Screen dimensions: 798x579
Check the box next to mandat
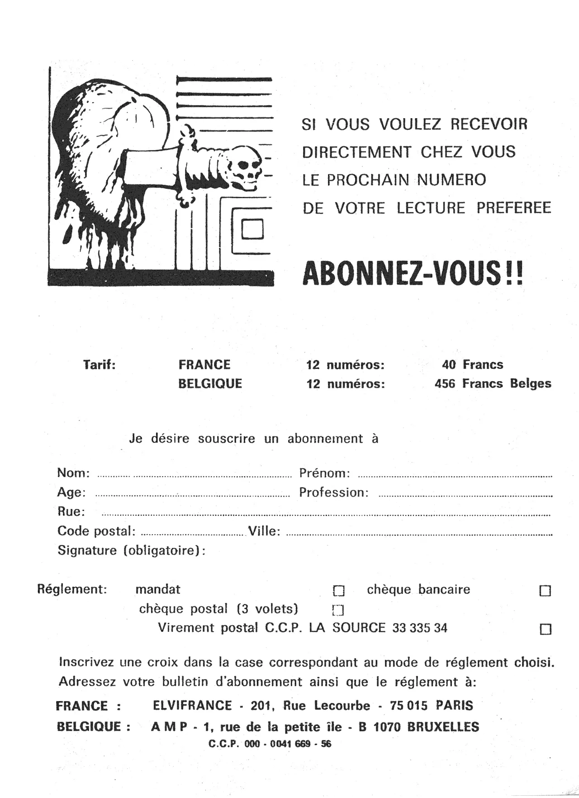pyautogui.click(x=339, y=591)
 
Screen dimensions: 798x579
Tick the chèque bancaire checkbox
pyautogui.click(x=546, y=591)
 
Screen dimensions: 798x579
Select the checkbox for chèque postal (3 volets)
pyautogui.click(x=338, y=610)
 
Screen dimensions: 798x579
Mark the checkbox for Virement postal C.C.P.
pyautogui.click(x=546, y=629)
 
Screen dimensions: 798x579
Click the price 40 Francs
pyautogui.click(x=472, y=365)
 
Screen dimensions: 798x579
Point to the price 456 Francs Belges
pyautogui.click(x=493, y=384)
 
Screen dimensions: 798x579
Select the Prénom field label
pyautogui.click(x=324, y=473)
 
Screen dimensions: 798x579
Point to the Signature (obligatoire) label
pyautogui.click(x=131, y=550)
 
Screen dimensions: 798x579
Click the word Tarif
pyautogui.click(x=100, y=365)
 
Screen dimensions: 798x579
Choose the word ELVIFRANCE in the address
pyautogui.click(x=192, y=706)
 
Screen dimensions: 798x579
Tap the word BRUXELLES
pyautogui.click(x=443, y=727)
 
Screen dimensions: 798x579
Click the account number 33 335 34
pyautogui.click(x=420, y=628)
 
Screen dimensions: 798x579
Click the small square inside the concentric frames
pyautogui.click(x=252, y=229)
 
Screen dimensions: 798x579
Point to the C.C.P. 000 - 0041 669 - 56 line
pyautogui.click(x=270, y=744)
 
